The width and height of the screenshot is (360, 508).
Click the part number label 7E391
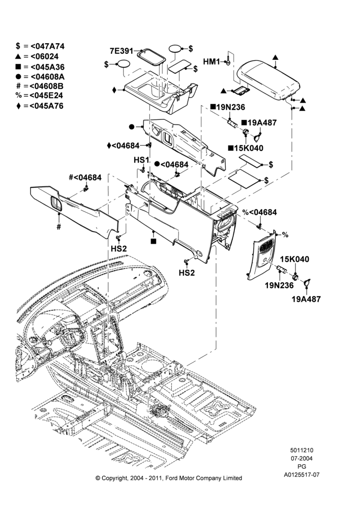tap(122, 51)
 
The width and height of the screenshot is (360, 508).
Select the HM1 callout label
tap(212, 61)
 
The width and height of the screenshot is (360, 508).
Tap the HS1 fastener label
tap(141, 160)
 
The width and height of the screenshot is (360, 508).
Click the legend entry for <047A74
tap(40, 46)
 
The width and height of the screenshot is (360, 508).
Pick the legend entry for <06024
tap(37, 56)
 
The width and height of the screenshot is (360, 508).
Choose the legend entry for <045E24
tap(39, 96)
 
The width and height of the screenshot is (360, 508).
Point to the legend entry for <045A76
tap(40, 106)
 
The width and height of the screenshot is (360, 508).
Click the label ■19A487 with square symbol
tap(259, 123)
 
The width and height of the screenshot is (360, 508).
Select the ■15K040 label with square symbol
tap(246, 148)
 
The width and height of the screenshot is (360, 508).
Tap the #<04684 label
tap(85, 177)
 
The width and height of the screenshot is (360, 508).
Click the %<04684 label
tap(259, 212)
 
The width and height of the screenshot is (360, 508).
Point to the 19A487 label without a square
tap(306, 299)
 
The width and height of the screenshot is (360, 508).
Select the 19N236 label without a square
tap(279, 285)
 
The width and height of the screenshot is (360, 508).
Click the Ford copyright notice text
tap(169, 478)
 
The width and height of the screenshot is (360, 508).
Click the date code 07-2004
tap(302, 458)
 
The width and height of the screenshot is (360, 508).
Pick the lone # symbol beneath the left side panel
tap(58, 227)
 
